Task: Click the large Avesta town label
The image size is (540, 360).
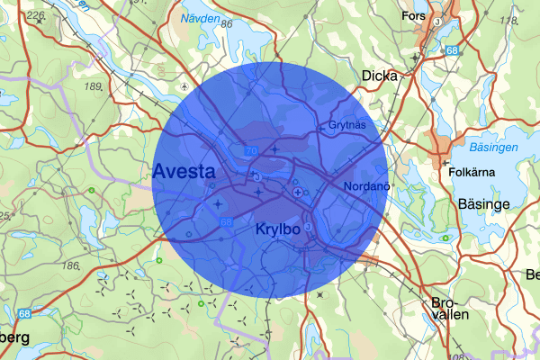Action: pyautogui.click(x=184, y=171)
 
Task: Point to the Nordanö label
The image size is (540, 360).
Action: pyautogui.click(x=365, y=185)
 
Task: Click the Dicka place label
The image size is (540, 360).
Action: pyautogui.click(x=378, y=76)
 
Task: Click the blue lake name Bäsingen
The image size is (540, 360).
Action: pyautogui.click(x=493, y=146)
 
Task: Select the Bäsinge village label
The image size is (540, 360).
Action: pyautogui.click(x=483, y=204)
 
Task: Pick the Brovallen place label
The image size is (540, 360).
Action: pyautogui.click(x=450, y=310)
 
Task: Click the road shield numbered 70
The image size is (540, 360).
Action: pyautogui.click(x=249, y=150)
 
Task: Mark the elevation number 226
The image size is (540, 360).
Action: pyautogui.click(x=36, y=15)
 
